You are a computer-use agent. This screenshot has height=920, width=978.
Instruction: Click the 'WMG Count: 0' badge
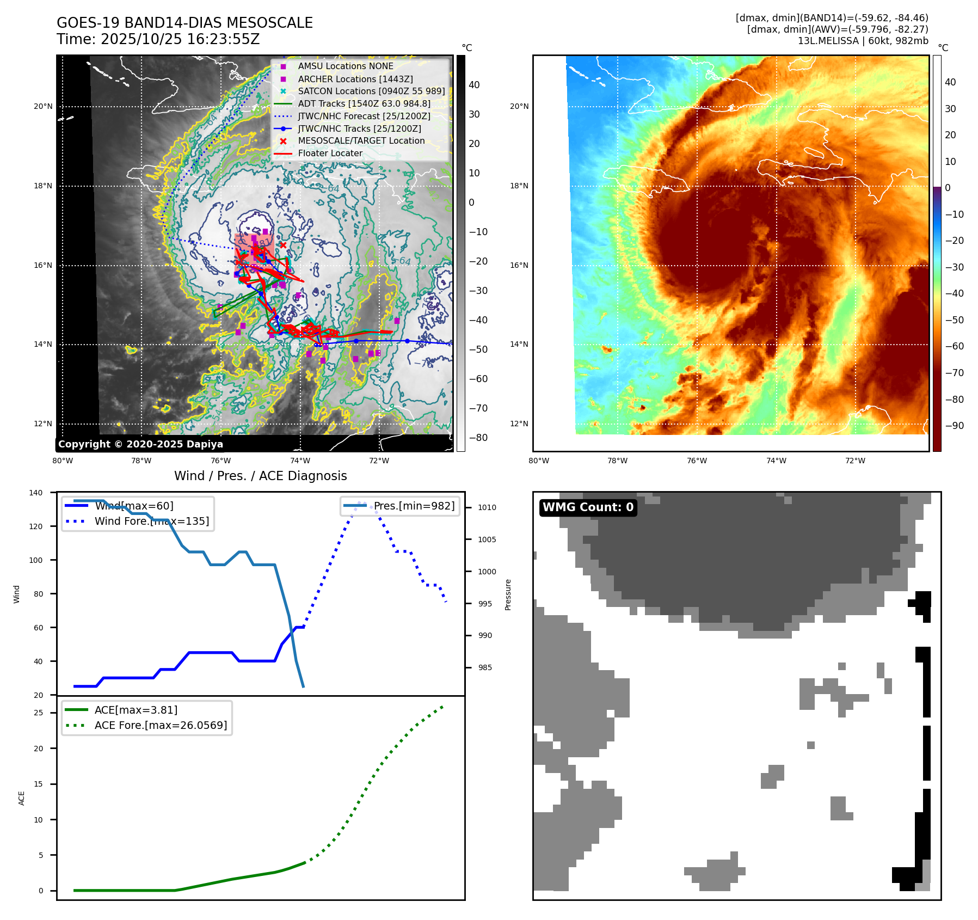[x=588, y=507]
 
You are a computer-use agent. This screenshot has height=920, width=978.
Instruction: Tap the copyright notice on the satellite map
[x=140, y=444]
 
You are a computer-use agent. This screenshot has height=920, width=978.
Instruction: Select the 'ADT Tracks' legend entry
[x=364, y=103]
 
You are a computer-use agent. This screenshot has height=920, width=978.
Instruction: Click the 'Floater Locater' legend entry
[x=330, y=154]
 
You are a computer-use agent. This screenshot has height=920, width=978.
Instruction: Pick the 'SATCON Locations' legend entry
[x=371, y=91]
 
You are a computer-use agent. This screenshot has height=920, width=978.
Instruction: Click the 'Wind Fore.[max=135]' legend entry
[x=151, y=521]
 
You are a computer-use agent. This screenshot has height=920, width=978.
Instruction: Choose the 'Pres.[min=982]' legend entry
[x=414, y=506]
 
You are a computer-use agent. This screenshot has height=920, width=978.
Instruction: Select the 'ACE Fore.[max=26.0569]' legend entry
[x=161, y=725]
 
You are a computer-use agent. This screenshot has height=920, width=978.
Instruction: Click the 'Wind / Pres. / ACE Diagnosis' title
[x=260, y=476]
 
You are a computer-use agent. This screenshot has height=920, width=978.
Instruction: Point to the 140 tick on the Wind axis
[x=36, y=493]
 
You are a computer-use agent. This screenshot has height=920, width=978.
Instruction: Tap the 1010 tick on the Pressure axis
[x=487, y=507]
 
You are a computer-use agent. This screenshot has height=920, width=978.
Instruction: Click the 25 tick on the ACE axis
[x=38, y=713]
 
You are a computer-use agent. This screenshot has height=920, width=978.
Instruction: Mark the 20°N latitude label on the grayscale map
[x=43, y=107]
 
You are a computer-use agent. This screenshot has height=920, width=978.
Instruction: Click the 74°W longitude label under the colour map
[x=776, y=461]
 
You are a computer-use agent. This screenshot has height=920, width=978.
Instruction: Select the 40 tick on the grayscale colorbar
[x=474, y=85]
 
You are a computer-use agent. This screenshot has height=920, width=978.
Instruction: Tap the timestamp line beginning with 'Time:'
[x=158, y=39]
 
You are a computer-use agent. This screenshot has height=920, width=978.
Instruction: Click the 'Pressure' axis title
[x=508, y=594]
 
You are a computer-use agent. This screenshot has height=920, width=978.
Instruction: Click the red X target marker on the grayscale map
[x=283, y=246]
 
